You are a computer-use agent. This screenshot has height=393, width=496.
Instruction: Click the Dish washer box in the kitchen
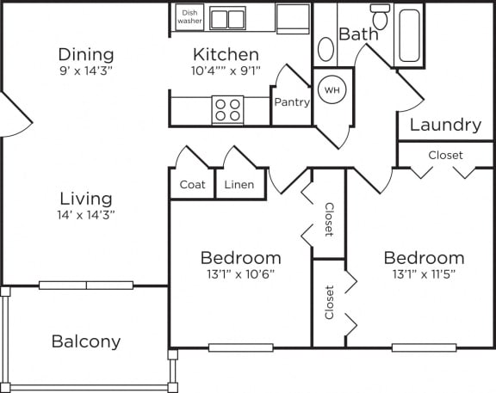coord(189,17)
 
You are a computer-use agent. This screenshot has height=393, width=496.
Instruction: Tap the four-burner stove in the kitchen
coord(227,109)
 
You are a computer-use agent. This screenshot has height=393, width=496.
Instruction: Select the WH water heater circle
coord(332,90)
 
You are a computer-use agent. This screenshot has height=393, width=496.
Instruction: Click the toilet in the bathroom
coord(381,16)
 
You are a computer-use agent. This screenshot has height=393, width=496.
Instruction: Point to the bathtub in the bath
coord(409,35)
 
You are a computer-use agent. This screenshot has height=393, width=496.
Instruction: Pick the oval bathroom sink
coord(325,49)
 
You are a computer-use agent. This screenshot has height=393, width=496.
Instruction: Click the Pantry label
coord(292,102)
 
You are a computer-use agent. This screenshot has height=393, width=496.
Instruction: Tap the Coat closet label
coord(192,185)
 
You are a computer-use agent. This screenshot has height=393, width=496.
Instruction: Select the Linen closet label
coord(239,185)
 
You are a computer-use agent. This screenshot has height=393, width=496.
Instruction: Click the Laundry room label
coord(445,125)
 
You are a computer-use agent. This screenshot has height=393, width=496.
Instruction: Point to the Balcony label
coord(86,341)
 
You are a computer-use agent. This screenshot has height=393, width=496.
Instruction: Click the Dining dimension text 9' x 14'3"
coord(86,71)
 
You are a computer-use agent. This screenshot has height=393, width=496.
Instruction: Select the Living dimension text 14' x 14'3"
coord(86,215)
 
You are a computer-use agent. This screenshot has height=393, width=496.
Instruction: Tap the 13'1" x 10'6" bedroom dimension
coord(241,274)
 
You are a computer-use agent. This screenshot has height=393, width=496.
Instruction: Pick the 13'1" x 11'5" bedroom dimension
coord(424,274)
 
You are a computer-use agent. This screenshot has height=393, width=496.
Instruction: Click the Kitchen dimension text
coord(226,71)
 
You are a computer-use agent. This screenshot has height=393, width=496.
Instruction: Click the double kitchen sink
coord(227,18)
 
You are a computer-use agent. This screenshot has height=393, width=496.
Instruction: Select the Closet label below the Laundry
coord(445,155)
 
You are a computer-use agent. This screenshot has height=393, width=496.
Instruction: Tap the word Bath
coord(358,34)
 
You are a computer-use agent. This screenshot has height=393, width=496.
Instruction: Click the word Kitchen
coord(226,55)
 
